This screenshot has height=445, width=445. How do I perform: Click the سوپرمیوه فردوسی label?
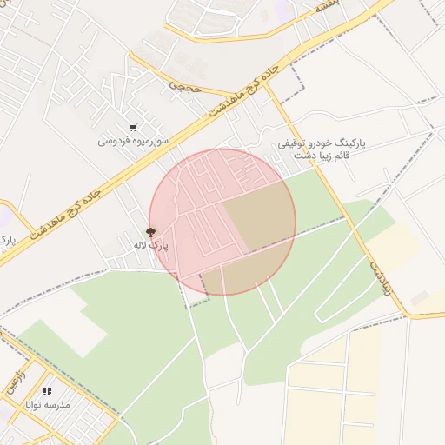[132, 140]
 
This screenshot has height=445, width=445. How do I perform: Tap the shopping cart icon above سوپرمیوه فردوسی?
[132, 127]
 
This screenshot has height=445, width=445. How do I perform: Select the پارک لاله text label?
[151, 246]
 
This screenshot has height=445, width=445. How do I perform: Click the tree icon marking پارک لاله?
[151, 232]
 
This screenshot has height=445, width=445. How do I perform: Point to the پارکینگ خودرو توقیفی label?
[323, 142]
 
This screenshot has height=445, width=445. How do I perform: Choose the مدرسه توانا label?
[50, 405]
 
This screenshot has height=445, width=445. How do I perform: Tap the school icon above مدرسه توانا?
[47, 392]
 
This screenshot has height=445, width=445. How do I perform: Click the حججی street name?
[184, 86]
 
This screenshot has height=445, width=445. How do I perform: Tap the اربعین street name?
[17, 383]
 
